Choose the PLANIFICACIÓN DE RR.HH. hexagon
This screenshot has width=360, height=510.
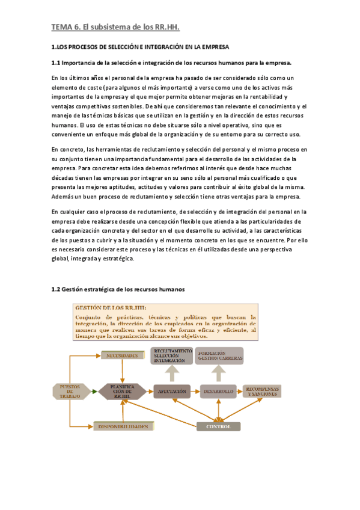tap(123, 392)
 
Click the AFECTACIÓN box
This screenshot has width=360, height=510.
tap(171, 392)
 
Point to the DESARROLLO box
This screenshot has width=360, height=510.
tap(218, 392)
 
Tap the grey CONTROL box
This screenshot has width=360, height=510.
tap(219, 426)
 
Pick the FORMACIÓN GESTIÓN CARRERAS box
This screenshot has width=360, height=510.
tap(219, 355)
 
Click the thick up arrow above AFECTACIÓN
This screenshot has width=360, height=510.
tap(172, 373)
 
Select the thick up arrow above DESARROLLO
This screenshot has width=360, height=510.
tap(219, 373)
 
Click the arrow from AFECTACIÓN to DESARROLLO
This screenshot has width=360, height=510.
tap(195, 392)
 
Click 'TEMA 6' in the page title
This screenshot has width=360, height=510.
tap(66, 27)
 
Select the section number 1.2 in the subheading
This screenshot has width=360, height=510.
tap(56, 289)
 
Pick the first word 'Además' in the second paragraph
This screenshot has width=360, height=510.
tap(64, 198)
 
